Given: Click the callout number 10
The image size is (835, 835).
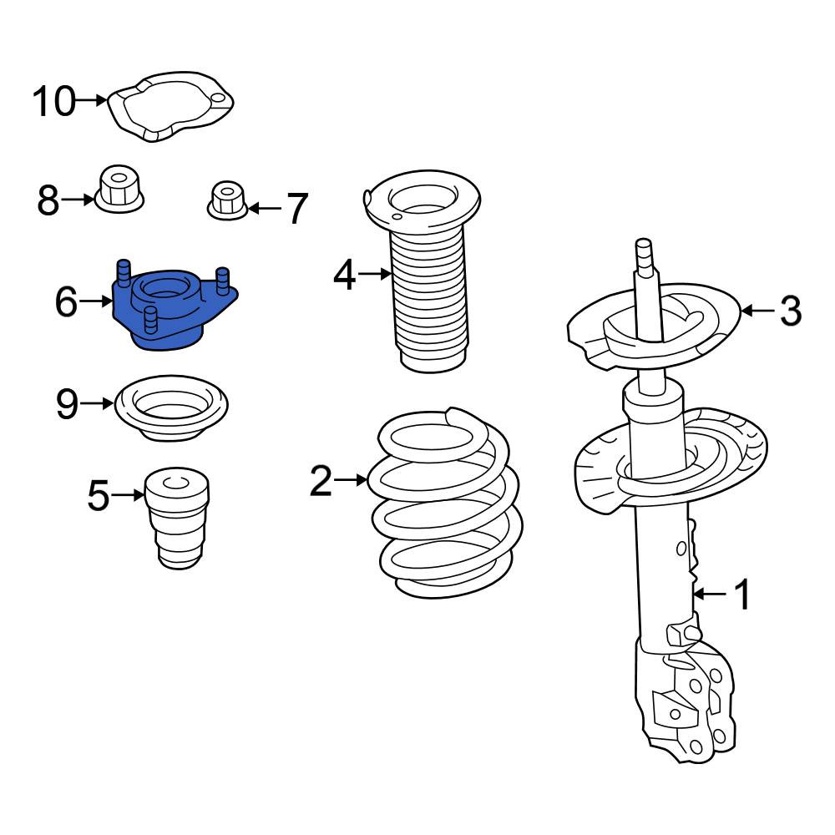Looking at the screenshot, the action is pyautogui.click(x=54, y=101).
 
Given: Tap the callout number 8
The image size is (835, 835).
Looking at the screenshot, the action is pyautogui.click(x=48, y=200).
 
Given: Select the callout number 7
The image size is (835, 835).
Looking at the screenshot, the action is pyautogui.click(x=297, y=208).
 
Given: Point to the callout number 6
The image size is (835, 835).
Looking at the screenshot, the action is pyautogui.click(x=67, y=301).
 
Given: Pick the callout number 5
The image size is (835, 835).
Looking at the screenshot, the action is pyautogui.click(x=99, y=495).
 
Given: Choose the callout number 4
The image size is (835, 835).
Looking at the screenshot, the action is pyautogui.click(x=345, y=276).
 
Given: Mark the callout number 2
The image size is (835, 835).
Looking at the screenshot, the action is pyautogui.click(x=321, y=481).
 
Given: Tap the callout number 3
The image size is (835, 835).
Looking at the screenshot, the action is pyautogui.click(x=791, y=311).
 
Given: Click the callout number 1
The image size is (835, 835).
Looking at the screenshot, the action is pyautogui.click(x=741, y=594).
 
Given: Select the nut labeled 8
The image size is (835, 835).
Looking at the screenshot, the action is pyautogui.click(x=119, y=190).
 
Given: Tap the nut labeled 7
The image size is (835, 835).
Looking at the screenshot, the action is pyautogui.click(x=227, y=200).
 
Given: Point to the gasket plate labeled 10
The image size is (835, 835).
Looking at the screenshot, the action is pyautogui.click(x=170, y=107).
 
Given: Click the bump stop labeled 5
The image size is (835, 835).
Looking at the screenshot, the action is pyautogui.click(x=177, y=518).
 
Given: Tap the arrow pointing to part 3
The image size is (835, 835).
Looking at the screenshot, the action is pyautogui.click(x=758, y=311).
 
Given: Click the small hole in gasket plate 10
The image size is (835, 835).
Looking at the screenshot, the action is pyautogui.click(x=218, y=99).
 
